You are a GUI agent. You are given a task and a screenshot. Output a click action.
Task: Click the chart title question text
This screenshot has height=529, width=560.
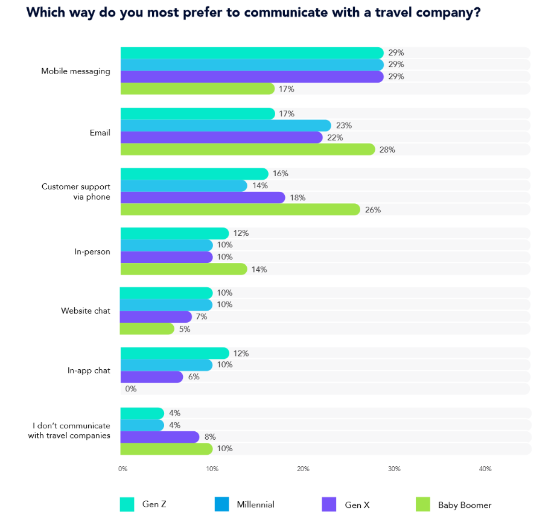tap(253, 13)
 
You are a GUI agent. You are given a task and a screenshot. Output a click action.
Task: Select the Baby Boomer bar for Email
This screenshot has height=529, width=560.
tap(247, 149)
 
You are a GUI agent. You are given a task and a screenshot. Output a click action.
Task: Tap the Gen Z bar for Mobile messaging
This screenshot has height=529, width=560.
tap(252, 53)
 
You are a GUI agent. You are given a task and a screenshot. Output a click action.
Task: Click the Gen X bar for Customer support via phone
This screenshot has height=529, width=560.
tap(203, 197)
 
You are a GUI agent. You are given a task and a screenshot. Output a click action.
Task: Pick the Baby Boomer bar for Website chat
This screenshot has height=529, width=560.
tap(147, 329)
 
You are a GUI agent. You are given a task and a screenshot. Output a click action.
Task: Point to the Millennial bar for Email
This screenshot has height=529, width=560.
tap(226, 125)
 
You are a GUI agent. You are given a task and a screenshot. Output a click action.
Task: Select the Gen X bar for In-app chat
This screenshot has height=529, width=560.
tap(151, 377)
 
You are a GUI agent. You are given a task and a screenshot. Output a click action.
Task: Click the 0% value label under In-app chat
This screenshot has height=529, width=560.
tap(131, 389)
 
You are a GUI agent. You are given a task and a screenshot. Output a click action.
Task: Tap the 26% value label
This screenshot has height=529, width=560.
tap(373, 210)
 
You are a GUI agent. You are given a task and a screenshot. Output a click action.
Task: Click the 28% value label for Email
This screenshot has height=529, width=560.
tap(387, 150)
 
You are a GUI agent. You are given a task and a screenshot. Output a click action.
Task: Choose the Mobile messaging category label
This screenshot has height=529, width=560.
tap(75, 71)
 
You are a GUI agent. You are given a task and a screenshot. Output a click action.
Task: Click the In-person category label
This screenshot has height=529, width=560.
tap(92, 252)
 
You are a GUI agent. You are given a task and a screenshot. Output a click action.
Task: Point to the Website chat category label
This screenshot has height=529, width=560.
tap(86, 311)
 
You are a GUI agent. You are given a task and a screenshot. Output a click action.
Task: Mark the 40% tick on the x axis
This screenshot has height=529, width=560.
tap(485, 469)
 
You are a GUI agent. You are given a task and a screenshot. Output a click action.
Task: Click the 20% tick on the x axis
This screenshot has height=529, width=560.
tap(303, 469)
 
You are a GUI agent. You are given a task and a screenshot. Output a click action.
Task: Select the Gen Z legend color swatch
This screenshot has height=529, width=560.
tap(127, 504)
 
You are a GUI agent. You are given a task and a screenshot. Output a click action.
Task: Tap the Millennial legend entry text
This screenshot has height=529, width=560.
tap(255, 505)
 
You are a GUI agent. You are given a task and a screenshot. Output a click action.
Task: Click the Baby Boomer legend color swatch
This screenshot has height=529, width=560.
tap(423, 504)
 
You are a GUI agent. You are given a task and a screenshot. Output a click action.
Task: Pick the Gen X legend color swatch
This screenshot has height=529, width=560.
tap(329, 504)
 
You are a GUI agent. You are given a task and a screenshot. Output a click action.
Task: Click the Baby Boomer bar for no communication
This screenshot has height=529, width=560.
tap(167, 449)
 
